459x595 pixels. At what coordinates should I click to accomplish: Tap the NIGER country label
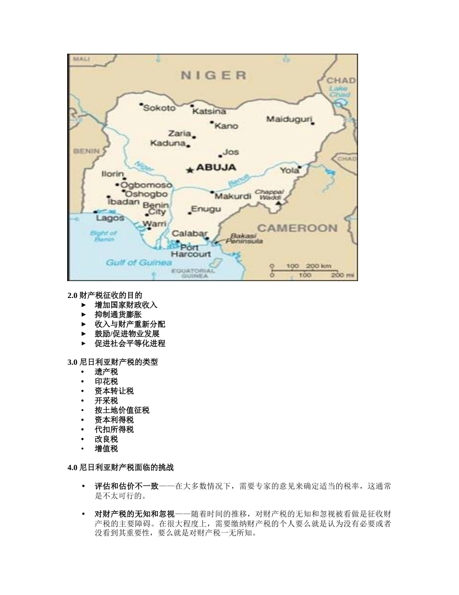click(214, 75)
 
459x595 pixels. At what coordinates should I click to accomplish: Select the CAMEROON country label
click(297, 228)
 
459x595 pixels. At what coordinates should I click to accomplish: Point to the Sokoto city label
click(159, 108)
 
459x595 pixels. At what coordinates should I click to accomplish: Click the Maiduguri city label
click(289, 119)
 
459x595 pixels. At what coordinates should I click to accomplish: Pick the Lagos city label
click(110, 218)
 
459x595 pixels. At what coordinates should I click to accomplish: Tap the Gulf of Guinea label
click(139, 263)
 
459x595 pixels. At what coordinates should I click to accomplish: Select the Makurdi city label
click(233, 196)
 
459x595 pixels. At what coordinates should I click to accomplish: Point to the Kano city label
click(226, 126)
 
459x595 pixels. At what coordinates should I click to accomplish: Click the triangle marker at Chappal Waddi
click(278, 203)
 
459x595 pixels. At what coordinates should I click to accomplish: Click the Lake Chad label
click(339, 92)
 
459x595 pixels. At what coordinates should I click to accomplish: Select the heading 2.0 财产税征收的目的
click(105, 295)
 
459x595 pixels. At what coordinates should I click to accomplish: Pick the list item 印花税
click(106, 381)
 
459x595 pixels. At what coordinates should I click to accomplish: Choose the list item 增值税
click(106, 448)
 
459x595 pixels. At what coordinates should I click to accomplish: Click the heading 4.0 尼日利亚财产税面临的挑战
click(120, 468)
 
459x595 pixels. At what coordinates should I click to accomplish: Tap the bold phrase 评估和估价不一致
click(127, 486)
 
